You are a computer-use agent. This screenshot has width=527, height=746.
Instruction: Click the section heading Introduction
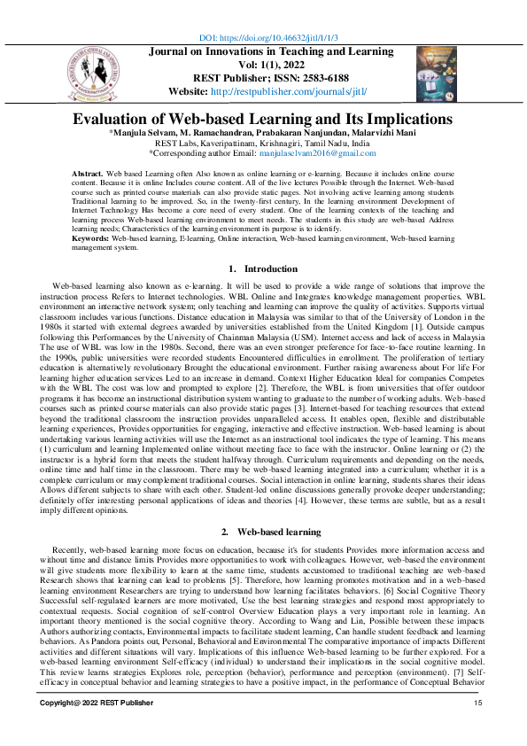tap(271, 268)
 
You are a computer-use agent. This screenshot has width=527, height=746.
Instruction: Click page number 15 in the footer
tap(477, 728)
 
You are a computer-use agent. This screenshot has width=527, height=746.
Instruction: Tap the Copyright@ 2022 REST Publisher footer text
tap(90, 728)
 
